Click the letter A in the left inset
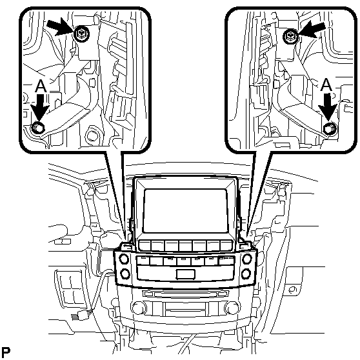41,86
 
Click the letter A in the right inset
326,85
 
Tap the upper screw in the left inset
82,35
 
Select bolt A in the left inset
37,128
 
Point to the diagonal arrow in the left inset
60,28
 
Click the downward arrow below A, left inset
40,108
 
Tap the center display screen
185,211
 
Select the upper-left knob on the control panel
124,259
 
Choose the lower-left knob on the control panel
125,274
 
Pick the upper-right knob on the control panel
247,259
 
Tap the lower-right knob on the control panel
246,274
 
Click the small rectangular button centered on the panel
185,274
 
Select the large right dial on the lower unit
232,308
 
